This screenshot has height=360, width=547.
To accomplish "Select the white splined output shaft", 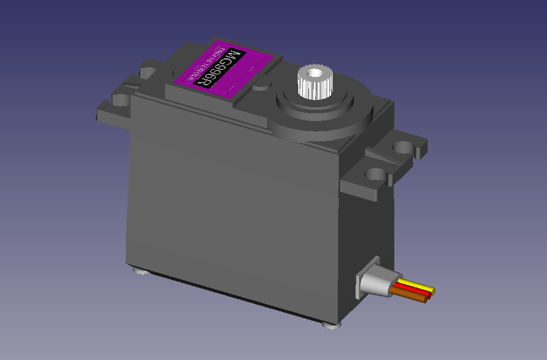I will [x=312, y=83].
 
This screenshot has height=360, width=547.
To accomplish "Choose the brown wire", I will [x=412, y=297].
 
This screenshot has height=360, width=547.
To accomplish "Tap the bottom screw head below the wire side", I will [x=329, y=325].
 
